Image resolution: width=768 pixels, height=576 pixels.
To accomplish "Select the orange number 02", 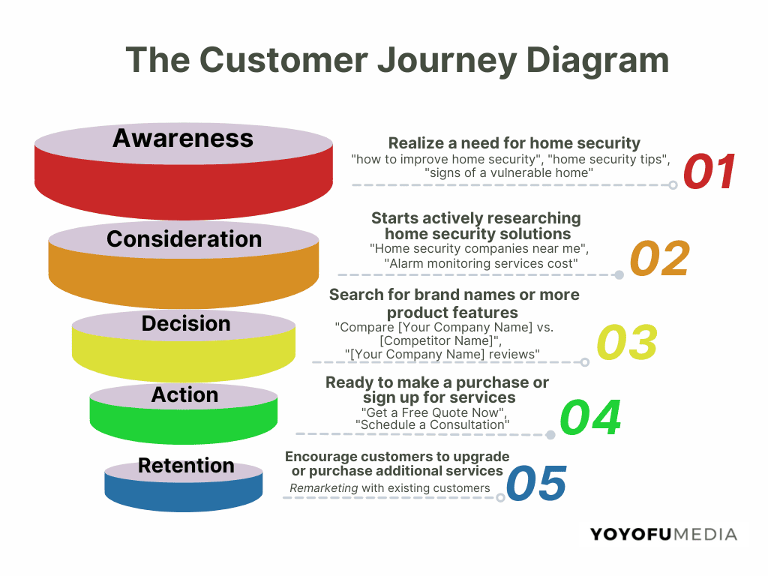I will (659, 259).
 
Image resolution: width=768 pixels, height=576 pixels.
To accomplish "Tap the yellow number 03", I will (627, 342).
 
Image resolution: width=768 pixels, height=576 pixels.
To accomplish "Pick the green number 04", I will (591, 418).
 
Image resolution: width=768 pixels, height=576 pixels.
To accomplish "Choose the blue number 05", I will (536, 483).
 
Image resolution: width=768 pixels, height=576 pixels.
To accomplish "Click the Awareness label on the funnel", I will (183, 138).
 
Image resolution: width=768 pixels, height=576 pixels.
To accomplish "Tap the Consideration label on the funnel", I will (184, 238).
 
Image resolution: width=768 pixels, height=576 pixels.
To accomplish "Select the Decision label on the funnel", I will (185, 323).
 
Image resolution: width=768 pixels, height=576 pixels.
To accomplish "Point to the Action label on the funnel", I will (184, 394).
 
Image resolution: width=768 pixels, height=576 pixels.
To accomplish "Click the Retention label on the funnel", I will (186, 466).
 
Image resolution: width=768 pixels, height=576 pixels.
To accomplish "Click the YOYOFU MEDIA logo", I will (663, 535).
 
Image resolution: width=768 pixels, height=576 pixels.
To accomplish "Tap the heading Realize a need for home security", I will (514, 143).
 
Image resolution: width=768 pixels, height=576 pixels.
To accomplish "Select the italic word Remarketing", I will (324, 488).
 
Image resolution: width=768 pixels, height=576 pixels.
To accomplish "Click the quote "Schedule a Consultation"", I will (433, 424).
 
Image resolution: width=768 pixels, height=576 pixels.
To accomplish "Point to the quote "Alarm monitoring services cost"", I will (481, 263).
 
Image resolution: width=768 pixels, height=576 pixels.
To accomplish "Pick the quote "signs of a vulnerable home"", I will (509, 172).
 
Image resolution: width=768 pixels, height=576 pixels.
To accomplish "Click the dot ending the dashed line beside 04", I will (550, 434).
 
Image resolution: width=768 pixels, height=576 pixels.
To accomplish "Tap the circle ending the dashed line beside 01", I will (673, 184).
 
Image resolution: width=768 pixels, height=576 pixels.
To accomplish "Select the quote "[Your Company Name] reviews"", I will (442, 353).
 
